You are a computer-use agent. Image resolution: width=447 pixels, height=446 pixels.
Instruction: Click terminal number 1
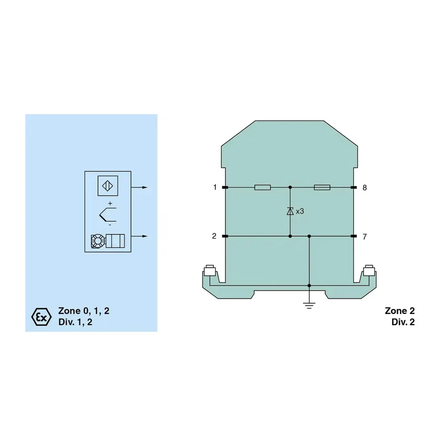(x=215, y=187)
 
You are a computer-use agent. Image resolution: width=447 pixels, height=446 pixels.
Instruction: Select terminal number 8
(x=365, y=188)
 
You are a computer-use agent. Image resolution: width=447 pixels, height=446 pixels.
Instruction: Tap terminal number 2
(x=214, y=236)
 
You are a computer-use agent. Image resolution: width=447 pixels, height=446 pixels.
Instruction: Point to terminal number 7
(x=365, y=237)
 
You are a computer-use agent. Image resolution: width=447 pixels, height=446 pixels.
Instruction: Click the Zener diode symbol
(x=290, y=211)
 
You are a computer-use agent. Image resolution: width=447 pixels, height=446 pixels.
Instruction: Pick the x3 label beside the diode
(x=300, y=211)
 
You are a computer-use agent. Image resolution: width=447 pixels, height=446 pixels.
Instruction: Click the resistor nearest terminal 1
(x=263, y=187)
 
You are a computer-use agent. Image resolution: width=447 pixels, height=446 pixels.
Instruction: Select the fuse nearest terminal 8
(x=322, y=187)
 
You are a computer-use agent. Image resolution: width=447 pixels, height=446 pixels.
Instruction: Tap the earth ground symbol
(x=309, y=306)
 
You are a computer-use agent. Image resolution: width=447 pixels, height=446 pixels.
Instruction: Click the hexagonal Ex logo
(x=41, y=316)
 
